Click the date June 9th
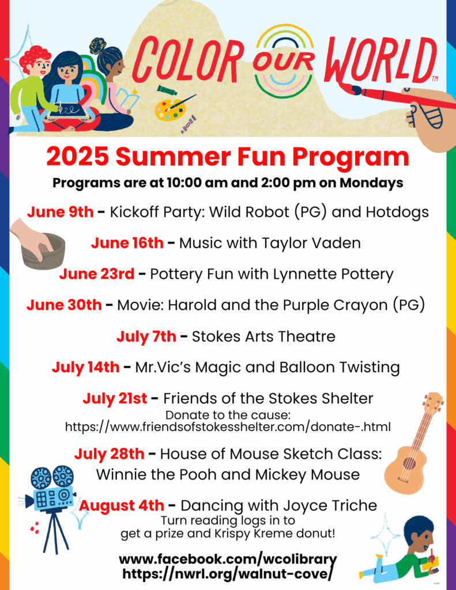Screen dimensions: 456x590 (x=61, y=212)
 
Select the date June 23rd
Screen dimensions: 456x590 (x=97, y=274)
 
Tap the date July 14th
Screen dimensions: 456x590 (x=85, y=367)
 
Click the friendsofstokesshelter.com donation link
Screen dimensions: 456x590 (x=228, y=427)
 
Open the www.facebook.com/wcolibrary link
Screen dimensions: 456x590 (x=228, y=559)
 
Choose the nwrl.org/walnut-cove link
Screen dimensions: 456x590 (x=228, y=574)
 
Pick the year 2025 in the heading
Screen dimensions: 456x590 (x=78, y=157)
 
